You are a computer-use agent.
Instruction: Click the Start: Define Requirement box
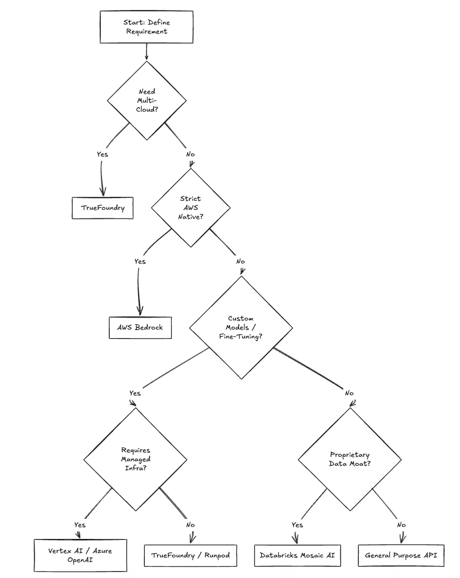pos(146,27)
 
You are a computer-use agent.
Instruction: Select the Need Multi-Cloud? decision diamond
pos(147,100)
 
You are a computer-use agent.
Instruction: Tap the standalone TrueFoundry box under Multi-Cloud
pos(102,208)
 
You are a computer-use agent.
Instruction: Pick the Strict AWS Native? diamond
pos(190,207)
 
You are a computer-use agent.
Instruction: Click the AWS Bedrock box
pos(141,328)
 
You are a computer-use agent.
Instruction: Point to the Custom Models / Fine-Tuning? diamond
pos(241,328)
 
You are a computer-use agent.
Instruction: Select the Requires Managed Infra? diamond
pos(136,459)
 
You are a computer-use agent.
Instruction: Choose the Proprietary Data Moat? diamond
pos(350,459)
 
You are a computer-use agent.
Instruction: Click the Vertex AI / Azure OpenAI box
pos(80,555)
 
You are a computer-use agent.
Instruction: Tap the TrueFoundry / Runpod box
pos(190,555)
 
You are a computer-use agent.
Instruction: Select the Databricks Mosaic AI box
pos(297,555)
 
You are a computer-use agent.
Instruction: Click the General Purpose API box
pos(401,555)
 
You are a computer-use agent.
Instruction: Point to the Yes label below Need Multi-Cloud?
pos(102,154)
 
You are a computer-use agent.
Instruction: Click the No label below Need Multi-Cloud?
pos(190,154)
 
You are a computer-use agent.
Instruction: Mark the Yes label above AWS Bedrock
pos(140,261)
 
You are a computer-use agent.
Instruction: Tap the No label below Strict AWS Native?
pos(241,261)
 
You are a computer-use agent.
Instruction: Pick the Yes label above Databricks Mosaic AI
pos(297,525)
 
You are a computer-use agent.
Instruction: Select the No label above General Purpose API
pos(401,525)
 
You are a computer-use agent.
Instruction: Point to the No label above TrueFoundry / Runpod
pos(190,525)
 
